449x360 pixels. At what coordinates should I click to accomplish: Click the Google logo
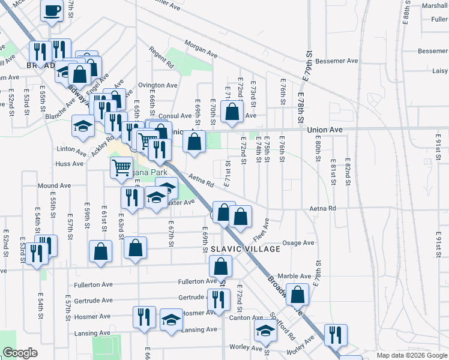click(20, 353)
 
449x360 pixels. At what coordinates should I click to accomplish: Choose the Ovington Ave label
click(158, 85)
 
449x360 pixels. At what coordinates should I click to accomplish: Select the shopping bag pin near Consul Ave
click(232, 110)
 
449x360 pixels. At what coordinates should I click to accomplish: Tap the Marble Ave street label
click(294, 276)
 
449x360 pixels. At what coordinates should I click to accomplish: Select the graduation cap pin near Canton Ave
click(265, 329)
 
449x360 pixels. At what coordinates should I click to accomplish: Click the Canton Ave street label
click(246, 317)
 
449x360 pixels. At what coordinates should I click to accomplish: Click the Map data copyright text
click(411, 355)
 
